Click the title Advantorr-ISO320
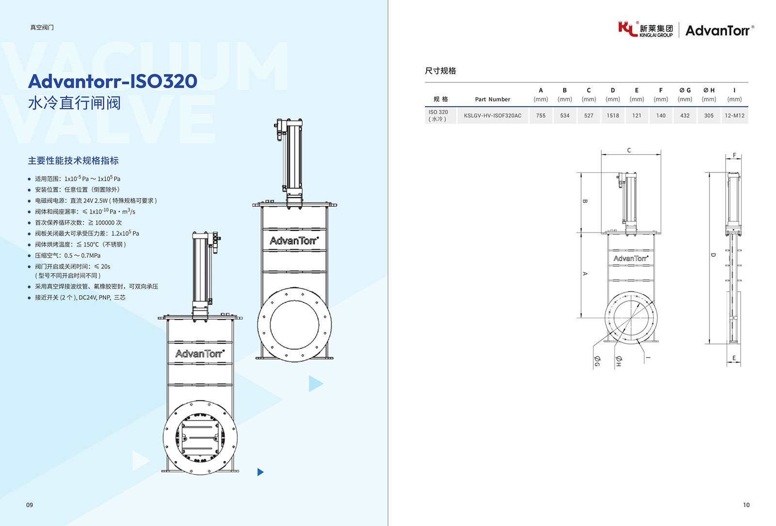113,81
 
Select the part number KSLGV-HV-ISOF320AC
492,116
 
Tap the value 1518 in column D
613,116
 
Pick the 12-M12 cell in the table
734,116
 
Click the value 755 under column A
541,116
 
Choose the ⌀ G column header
685,91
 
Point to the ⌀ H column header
709,91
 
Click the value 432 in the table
685,116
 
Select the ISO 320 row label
438,115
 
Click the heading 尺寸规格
440,71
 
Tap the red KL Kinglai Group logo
628,29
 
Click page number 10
746,505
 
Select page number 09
30,505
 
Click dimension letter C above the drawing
629,151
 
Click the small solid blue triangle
260,472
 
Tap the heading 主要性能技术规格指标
73,161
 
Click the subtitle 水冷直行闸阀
74,103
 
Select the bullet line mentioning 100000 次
78,223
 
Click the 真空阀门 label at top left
42,28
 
